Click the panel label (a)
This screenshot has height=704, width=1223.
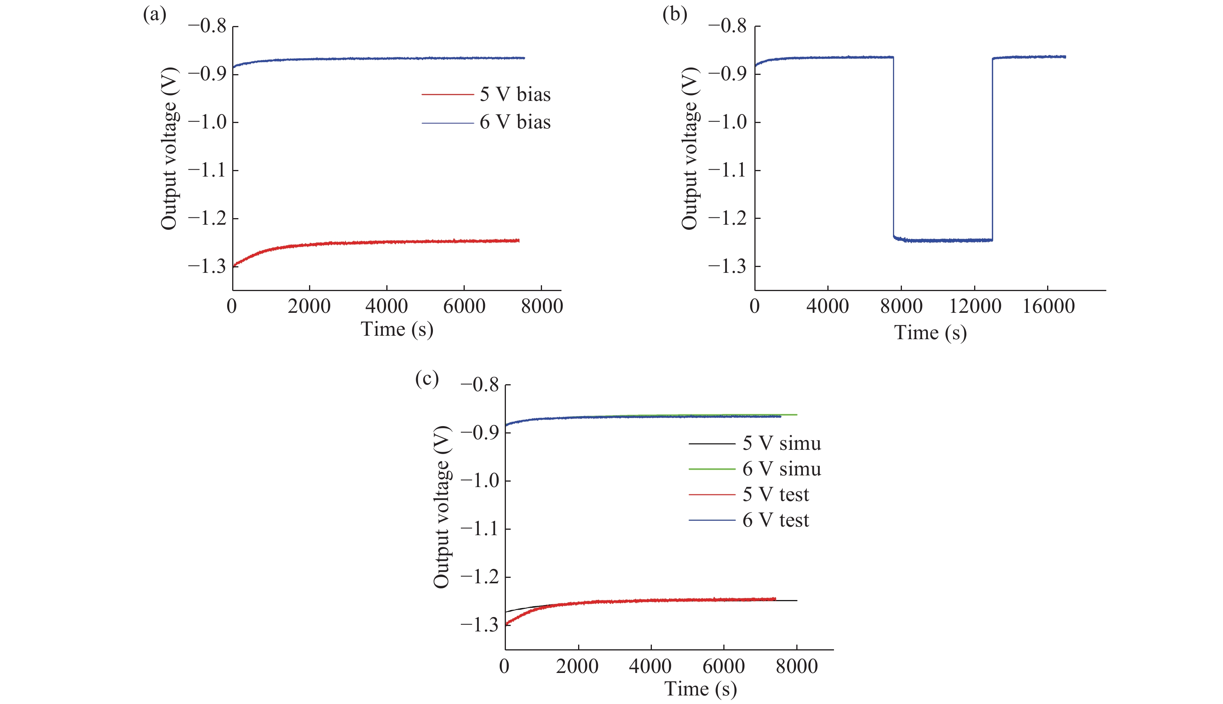coord(154,15)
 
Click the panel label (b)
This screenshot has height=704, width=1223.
coord(675,15)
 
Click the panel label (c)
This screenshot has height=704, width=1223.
coord(427,379)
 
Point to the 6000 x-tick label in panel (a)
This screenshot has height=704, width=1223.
coord(464,307)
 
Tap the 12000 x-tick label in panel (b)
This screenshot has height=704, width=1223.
coord(975,307)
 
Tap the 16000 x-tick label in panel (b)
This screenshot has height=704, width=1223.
coord(1048,307)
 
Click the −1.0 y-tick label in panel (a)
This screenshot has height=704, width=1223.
coord(207,122)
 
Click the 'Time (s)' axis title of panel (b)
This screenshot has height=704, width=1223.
coord(930,333)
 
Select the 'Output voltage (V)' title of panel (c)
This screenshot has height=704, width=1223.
coord(441,507)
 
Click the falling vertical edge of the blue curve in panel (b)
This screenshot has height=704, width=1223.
coord(893,145)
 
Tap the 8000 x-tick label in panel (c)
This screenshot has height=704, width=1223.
coord(796,667)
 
